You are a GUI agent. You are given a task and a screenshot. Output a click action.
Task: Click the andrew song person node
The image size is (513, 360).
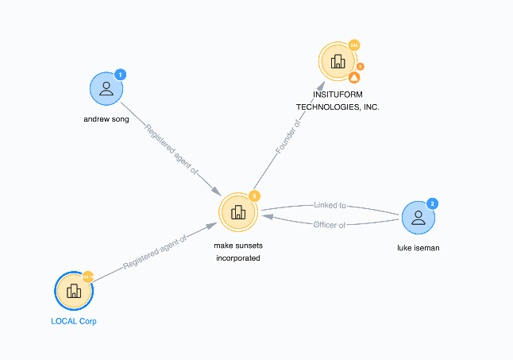tap(106, 88)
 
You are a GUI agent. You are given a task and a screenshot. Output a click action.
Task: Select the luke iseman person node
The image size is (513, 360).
tap(418, 217)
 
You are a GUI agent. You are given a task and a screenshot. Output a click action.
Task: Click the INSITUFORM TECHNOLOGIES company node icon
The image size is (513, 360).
tap(338, 61)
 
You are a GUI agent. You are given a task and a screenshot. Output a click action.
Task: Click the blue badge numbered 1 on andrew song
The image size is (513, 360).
tap(121, 75)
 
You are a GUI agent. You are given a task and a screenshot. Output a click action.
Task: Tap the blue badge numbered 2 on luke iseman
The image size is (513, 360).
tap(433, 203)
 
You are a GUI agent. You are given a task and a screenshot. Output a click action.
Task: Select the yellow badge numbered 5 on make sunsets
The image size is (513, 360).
tap(254, 195)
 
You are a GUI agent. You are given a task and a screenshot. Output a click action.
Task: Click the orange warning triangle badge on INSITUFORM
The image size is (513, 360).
tap(355, 78)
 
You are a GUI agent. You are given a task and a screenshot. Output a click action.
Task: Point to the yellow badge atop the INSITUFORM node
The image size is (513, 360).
tap(354, 45)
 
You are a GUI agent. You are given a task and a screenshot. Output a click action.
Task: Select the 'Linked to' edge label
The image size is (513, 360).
tap(329, 207)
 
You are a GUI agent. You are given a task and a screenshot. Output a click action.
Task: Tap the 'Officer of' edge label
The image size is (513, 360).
tap(330, 224)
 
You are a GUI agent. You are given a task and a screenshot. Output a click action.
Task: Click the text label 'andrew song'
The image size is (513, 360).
tap(106, 120)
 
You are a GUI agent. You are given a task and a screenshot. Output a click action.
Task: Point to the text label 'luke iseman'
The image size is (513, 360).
tap(418, 248)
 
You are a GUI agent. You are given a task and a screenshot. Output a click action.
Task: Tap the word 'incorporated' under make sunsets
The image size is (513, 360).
tap(237, 258)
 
